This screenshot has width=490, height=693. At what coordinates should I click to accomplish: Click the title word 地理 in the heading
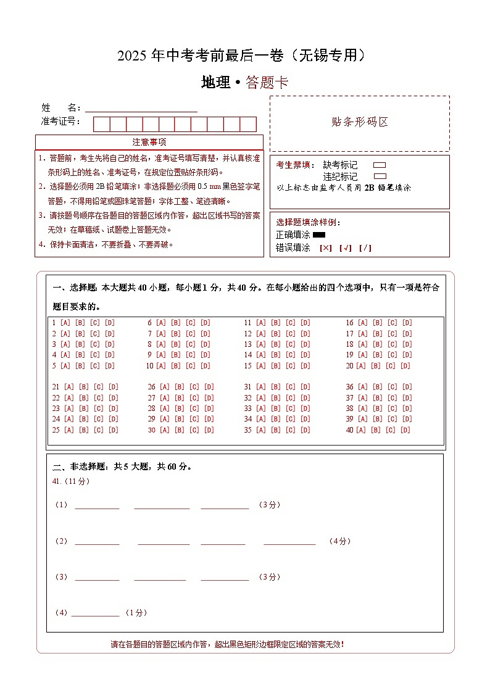(x=215, y=83)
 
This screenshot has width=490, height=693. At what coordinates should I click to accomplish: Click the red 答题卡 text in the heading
(x=267, y=83)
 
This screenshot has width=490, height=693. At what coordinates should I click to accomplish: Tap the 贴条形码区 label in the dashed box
(x=360, y=122)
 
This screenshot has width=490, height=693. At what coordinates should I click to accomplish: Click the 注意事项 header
(x=149, y=143)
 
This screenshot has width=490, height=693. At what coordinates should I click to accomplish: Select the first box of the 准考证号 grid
(x=101, y=124)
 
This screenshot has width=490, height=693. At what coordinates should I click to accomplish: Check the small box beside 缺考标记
(x=380, y=165)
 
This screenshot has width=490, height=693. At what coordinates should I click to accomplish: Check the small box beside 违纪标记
(x=380, y=176)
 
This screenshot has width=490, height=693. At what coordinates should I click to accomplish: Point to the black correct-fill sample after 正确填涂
(x=319, y=234)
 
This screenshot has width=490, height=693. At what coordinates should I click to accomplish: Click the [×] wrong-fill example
(x=325, y=248)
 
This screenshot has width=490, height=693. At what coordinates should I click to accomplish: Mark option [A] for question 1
(x=65, y=323)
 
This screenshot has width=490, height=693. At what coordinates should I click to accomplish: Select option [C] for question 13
(x=290, y=344)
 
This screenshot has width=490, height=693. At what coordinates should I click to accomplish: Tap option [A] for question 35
(x=260, y=430)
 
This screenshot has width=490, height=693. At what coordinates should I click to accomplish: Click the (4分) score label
(x=339, y=541)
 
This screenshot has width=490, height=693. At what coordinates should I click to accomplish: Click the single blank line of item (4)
(x=95, y=613)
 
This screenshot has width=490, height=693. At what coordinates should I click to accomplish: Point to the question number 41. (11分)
(x=71, y=481)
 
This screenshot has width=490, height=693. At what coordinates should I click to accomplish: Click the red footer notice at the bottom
(x=227, y=644)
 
